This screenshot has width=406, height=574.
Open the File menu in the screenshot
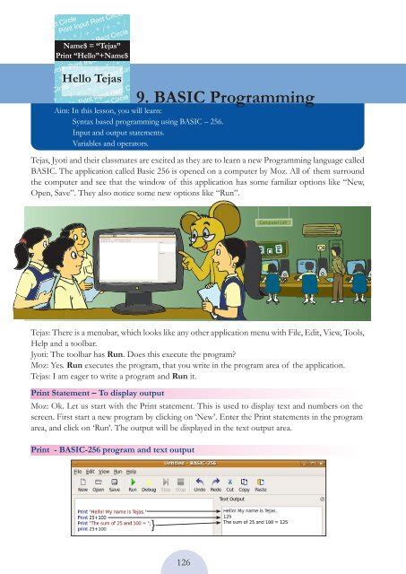[x=78, y=471]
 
